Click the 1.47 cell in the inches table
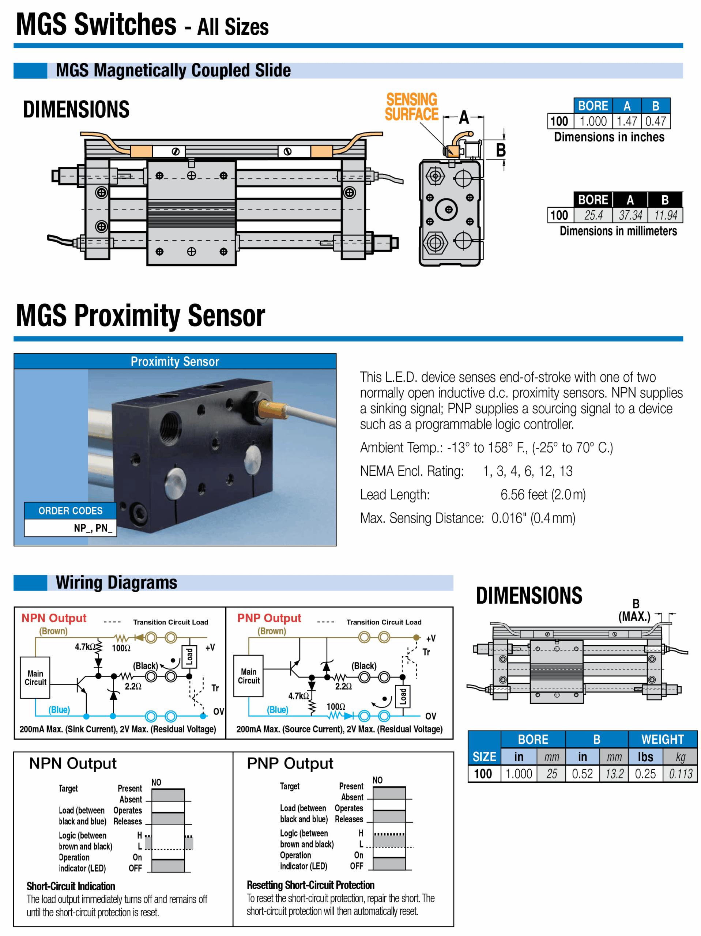(x=626, y=121)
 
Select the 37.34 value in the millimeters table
(x=630, y=215)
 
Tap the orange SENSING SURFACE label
(x=411, y=107)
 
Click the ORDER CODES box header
(x=70, y=511)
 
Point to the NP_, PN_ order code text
(x=93, y=528)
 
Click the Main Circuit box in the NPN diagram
(x=35, y=678)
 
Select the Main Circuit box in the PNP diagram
(x=249, y=676)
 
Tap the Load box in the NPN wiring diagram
(x=189, y=656)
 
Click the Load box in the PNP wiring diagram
(x=403, y=697)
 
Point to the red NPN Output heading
(x=54, y=618)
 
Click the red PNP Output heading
(x=269, y=618)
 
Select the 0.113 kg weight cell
(x=680, y=774)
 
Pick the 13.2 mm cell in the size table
(x=614, y=774)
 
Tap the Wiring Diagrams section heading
(x=116, y=583)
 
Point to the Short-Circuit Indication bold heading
(x=71, y=887)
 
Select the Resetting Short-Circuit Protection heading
(x=310, y=885)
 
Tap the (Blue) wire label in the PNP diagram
(x=277, y=710)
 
